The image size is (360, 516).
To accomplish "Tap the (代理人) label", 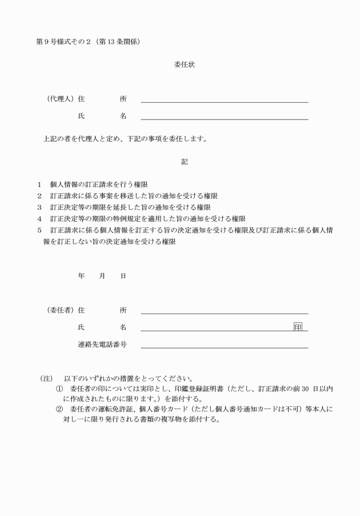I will pyautogui.click(x=61, y=99).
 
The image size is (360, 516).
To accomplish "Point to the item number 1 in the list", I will pyautogui.click(x=39, y=184).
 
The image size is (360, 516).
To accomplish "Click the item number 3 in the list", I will pyautogui.click(x=39, y=207).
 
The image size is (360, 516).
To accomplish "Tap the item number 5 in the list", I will pyautogui.click(x=39, y=230).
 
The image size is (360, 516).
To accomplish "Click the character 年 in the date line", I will pyautogui.click(x=81, y=276).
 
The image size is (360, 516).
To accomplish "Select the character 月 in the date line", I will pyautogui.click(x=102, y=276).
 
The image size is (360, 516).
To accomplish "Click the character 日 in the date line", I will pyautogui.click(x=123, y=276).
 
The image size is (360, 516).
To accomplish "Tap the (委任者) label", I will pyautogui.click(x=61, y=310).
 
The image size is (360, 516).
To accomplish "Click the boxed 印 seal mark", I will pyautogui.click(x=298, y=327).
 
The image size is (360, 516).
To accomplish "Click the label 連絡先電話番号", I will pyautogui.click(x=102, y=345).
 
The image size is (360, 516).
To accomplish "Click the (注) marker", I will pyautogui.click(x=46, y=378).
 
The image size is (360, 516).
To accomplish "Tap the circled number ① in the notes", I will pyautogui.click(x=59, y=389).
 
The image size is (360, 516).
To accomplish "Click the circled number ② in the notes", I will pyautogui.click(x=59, y=410).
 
